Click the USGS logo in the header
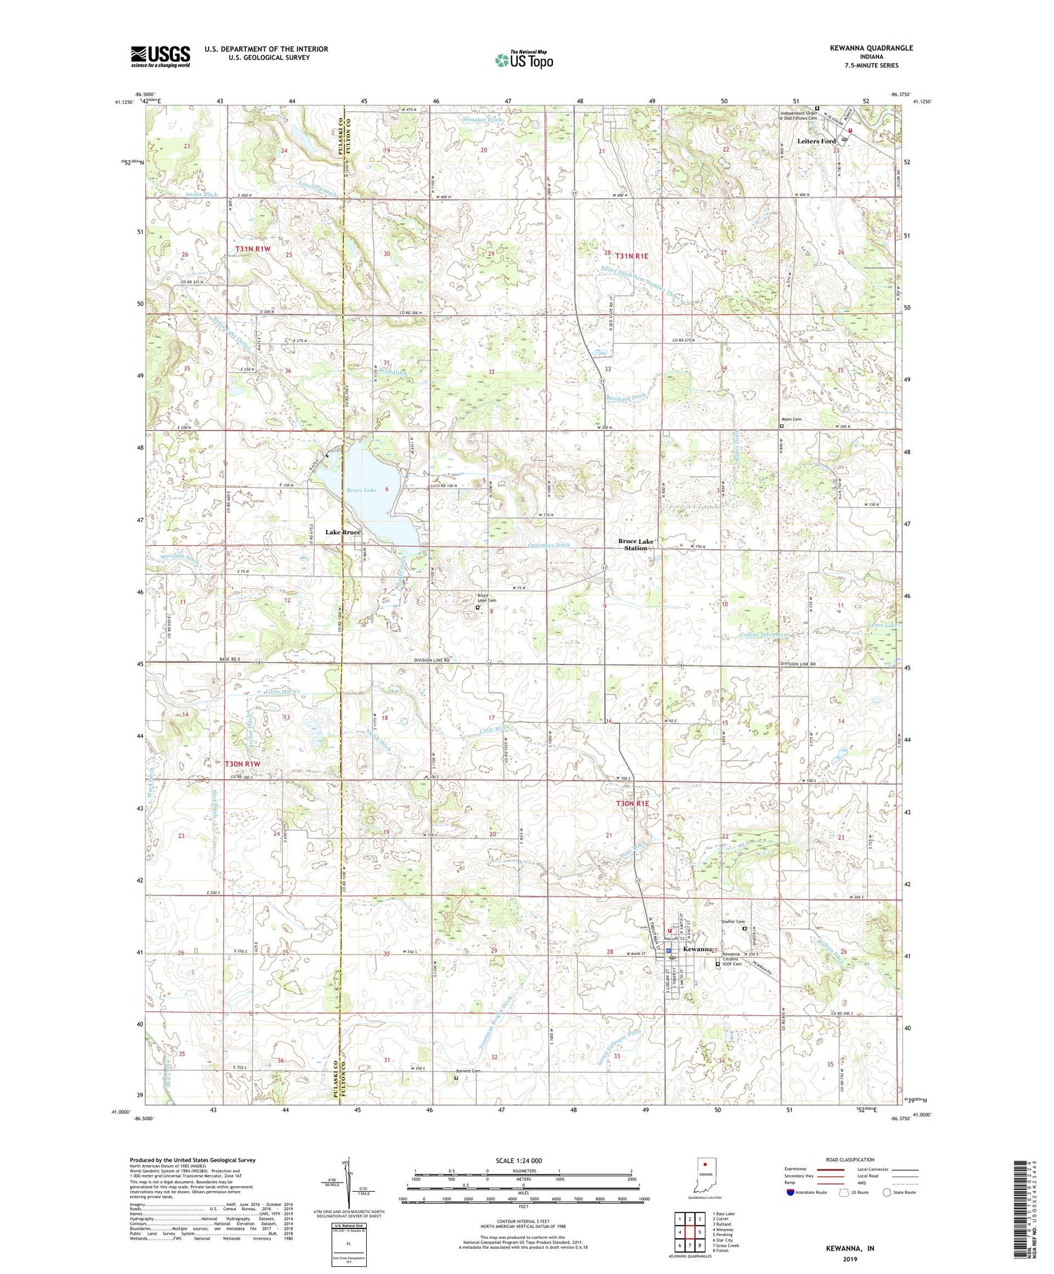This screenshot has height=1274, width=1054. [x=160, y=56]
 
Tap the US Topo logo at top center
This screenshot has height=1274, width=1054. [x=524, y=60]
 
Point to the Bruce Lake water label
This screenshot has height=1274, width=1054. [x=360, y=490]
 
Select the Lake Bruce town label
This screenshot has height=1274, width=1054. [x=342, y=532]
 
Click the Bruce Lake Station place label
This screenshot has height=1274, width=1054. [x=636, y=544]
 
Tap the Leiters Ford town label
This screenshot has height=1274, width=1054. [x=816, y=141]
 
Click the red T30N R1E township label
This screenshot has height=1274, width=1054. [x=633, y=802]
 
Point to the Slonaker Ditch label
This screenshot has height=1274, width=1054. [x=484, y=120]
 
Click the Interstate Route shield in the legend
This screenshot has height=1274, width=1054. [x=790, y=1192]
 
